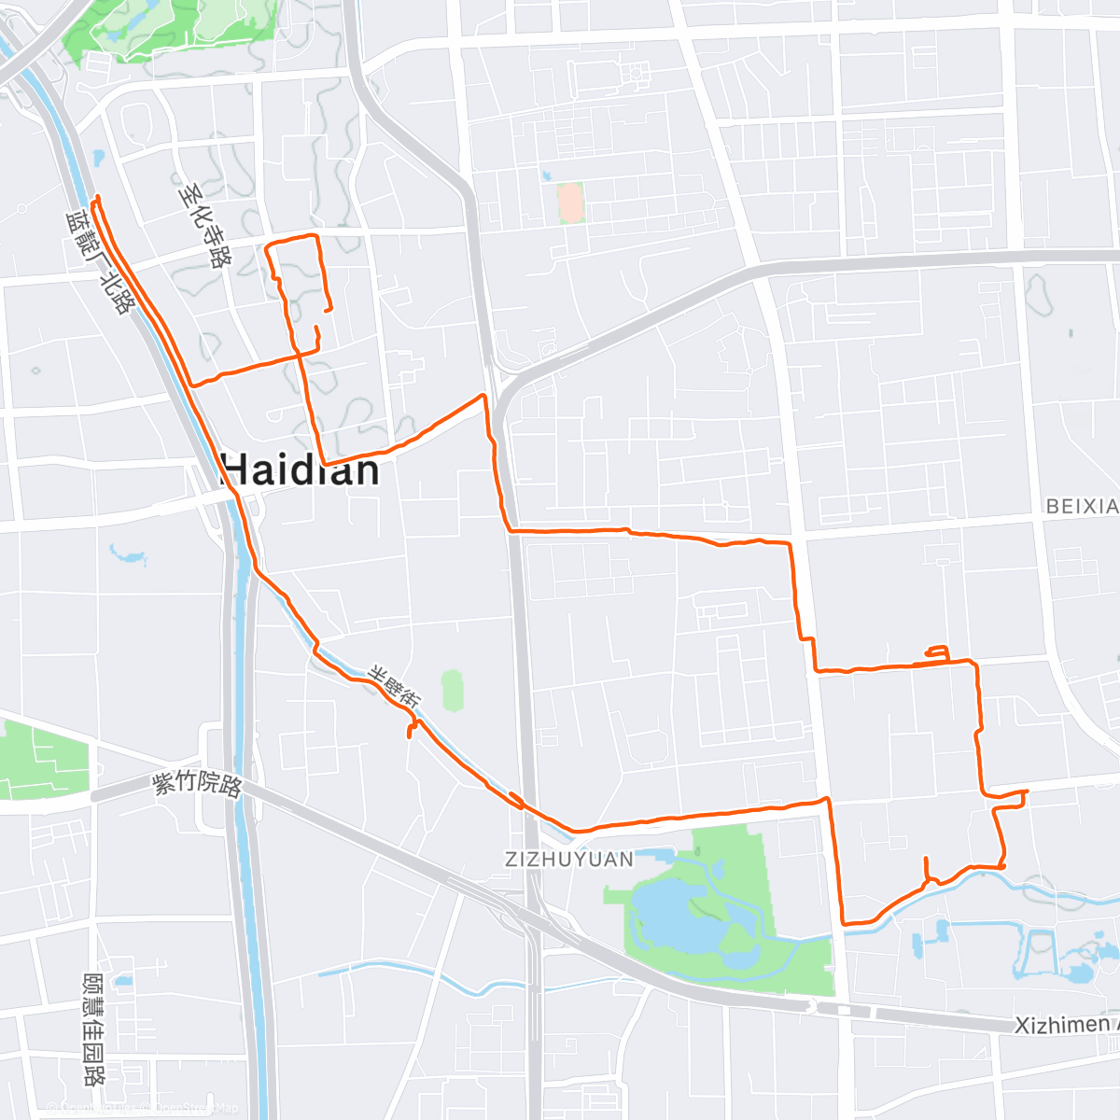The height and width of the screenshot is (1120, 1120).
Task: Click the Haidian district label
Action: pyautogui.click(x=301, y=469)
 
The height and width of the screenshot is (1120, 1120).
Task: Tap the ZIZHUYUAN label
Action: pyautogui.click(x=569, y=859)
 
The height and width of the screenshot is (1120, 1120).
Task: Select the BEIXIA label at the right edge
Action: pyautogui.click(x=1082, y=506)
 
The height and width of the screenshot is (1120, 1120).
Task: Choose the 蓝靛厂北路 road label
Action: pyautogui.click(x=97, y=262)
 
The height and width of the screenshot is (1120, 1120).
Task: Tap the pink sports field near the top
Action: pyautogui.click(x=569, y=203)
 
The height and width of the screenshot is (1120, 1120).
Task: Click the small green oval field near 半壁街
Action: pyautogui.click(x=453, y=690)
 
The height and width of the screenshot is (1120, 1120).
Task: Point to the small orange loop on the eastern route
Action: pyautogui.click(x=937, y=652)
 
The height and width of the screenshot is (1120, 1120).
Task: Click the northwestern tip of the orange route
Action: pyautogui.click(x=97, y=197)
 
